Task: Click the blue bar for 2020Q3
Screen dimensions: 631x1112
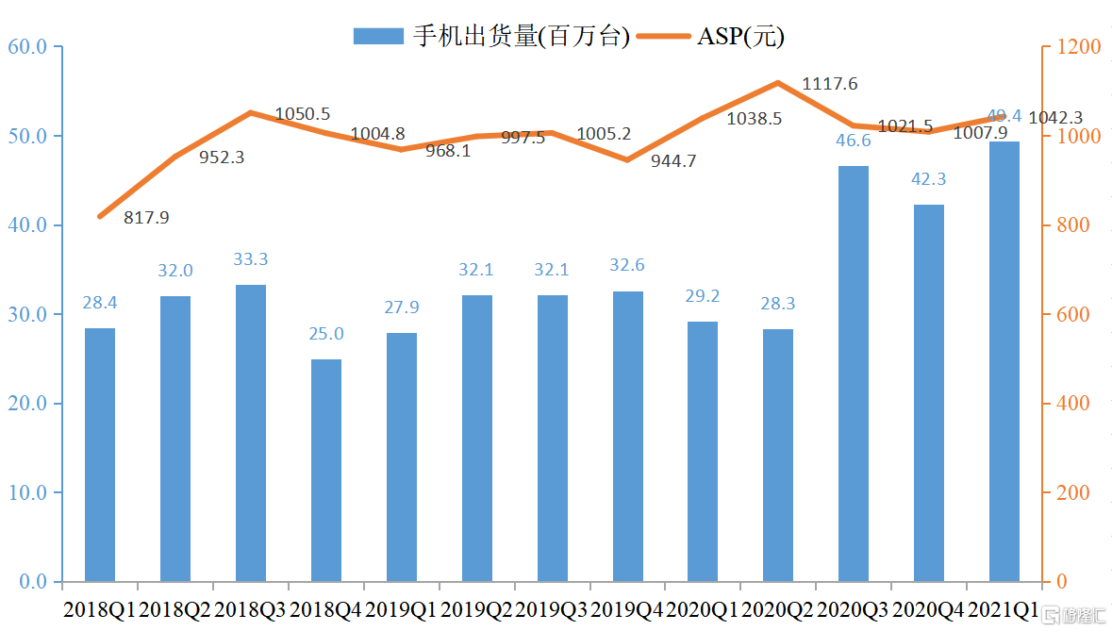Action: tap(854, 374)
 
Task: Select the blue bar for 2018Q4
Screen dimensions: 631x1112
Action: tap(326, 470)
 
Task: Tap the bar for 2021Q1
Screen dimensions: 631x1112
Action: tap(1004, 361)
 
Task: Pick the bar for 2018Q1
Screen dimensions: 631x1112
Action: tap(100, 455)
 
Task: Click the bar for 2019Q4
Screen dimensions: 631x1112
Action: tap(628, 436)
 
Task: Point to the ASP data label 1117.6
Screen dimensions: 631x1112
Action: tap(830, 84)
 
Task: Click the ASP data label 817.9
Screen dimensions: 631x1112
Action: tap(146, 218)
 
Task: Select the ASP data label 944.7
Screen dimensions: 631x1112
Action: tap(673, 161)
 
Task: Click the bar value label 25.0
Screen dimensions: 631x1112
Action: tap(326, 334)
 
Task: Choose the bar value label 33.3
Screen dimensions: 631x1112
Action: tap(251, 259)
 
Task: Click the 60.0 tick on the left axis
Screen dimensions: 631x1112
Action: tap(27, 46)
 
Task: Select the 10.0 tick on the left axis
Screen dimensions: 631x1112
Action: tap(27, 492)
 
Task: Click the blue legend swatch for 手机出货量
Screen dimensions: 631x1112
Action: tap(379, 36)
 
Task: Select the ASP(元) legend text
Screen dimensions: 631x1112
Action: tap(740, 36)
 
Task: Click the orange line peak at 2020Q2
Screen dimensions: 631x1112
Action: tap(778, 83)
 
